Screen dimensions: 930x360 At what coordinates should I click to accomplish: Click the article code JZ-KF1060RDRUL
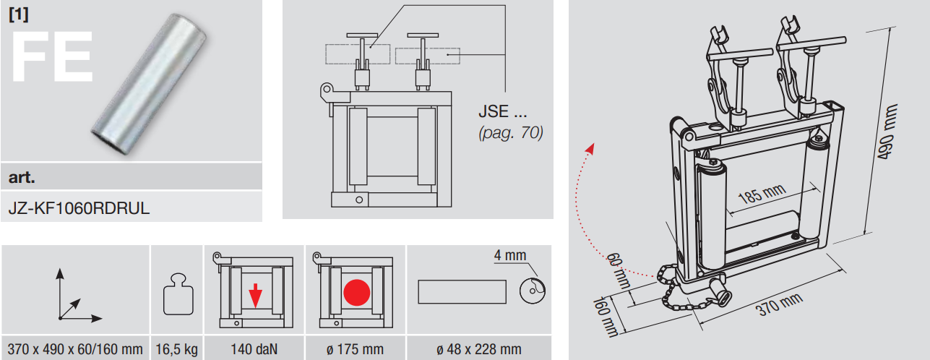point(79,207)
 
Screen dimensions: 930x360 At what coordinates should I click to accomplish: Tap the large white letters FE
point(52,56)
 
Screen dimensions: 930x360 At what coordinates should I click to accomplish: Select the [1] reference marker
point(19,14)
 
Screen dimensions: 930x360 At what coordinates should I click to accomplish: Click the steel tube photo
point(149,84)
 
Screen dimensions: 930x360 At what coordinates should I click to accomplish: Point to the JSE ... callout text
point(502,111)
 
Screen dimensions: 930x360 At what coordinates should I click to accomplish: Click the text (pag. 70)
point(511,132)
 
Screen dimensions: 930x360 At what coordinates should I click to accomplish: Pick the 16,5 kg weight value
point(176,349)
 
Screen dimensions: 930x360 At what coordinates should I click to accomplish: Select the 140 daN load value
point(254,349)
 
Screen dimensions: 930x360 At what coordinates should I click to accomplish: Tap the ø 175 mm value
point(355,349)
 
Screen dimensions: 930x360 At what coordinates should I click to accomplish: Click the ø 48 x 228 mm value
point(478,349)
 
